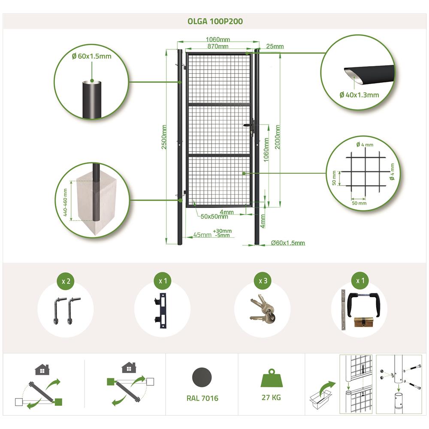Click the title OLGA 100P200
(215, 21)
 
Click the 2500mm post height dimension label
(164, 137)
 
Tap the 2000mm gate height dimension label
(278, 137)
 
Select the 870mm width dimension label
(218, 46)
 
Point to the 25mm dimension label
(275, 46)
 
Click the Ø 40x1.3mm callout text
(359, 95)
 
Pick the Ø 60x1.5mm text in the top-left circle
(92, 56)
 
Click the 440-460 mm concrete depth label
(65, 202)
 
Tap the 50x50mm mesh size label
(214, 217)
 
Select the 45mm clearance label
(202, 235)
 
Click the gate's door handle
(249, 126)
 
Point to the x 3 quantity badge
(263, 281)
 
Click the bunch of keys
(263, 309)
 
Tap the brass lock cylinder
(363, 322)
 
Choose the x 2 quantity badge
(66, 281)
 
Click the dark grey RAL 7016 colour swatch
(202, 377)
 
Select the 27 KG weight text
(271, 398)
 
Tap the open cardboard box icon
(320, 399)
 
